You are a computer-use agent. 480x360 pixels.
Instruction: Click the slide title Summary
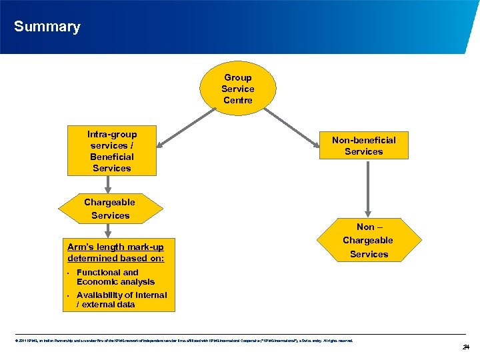47,27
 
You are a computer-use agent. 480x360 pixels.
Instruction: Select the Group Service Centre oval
238,88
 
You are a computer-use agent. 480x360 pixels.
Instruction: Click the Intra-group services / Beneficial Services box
112,151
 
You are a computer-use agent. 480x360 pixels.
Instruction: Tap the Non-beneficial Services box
363,145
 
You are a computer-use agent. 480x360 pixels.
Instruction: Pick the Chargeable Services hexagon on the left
110,209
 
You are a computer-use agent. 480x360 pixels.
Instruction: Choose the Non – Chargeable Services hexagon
368,240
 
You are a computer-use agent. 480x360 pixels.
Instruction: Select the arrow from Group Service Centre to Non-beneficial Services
293,122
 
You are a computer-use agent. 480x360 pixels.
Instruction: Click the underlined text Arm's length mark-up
115,247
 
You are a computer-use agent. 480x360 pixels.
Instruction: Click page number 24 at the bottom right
466,346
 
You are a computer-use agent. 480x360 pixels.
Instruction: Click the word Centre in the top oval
238,100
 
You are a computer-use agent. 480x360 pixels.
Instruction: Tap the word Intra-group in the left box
112,134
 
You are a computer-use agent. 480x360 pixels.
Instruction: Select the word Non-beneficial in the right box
363,140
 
